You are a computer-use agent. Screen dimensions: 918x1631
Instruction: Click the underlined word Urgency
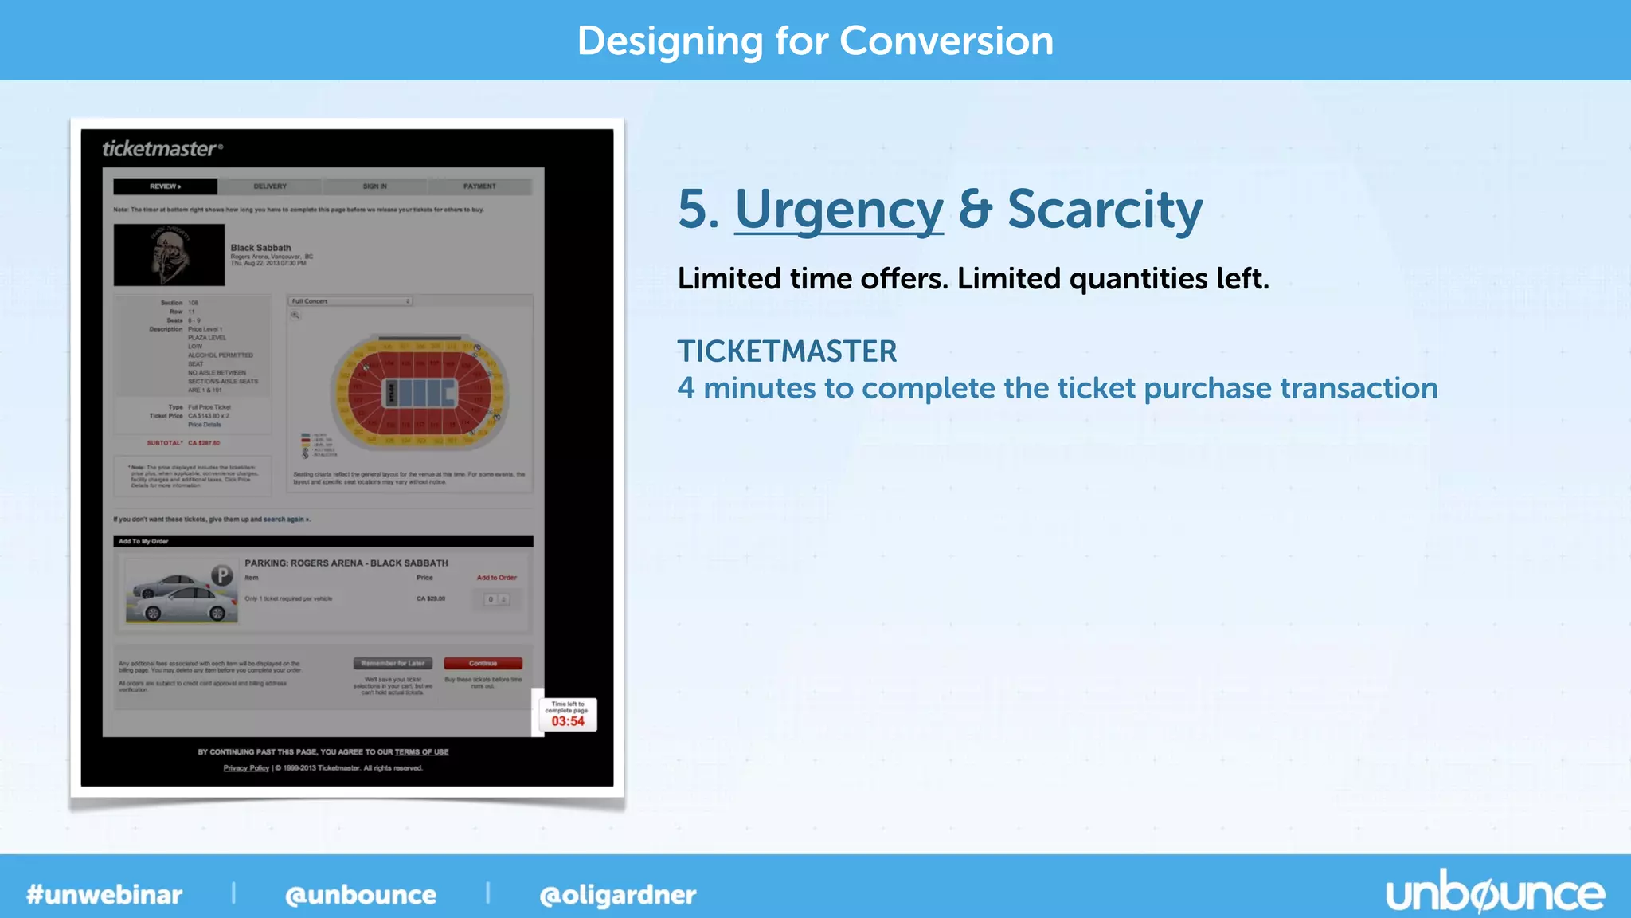839,210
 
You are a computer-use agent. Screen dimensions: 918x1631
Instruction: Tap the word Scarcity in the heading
1105,210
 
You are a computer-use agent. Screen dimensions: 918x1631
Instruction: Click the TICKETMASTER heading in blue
787,351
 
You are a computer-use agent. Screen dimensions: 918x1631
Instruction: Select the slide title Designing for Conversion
815,41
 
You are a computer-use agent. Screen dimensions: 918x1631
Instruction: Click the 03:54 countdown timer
568,720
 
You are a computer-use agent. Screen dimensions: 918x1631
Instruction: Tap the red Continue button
483,663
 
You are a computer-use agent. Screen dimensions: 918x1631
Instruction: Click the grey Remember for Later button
393,663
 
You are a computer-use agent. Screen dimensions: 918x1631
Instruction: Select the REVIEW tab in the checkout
165,186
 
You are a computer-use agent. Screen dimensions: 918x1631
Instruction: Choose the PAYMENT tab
479,186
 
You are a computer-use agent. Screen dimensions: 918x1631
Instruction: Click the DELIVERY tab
270,186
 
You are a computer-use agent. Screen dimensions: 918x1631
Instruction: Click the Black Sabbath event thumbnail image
169,255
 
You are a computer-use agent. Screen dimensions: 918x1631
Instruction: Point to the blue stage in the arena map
422,393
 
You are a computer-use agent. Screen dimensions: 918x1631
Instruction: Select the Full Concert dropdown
350,301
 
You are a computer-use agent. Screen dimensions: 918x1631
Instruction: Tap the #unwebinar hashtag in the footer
104,895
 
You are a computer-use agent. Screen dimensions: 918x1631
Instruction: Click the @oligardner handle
617,895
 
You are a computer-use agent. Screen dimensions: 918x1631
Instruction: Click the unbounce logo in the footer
1495,894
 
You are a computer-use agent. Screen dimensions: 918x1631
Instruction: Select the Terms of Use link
421,752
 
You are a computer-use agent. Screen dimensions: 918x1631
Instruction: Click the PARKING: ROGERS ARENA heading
346,563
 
